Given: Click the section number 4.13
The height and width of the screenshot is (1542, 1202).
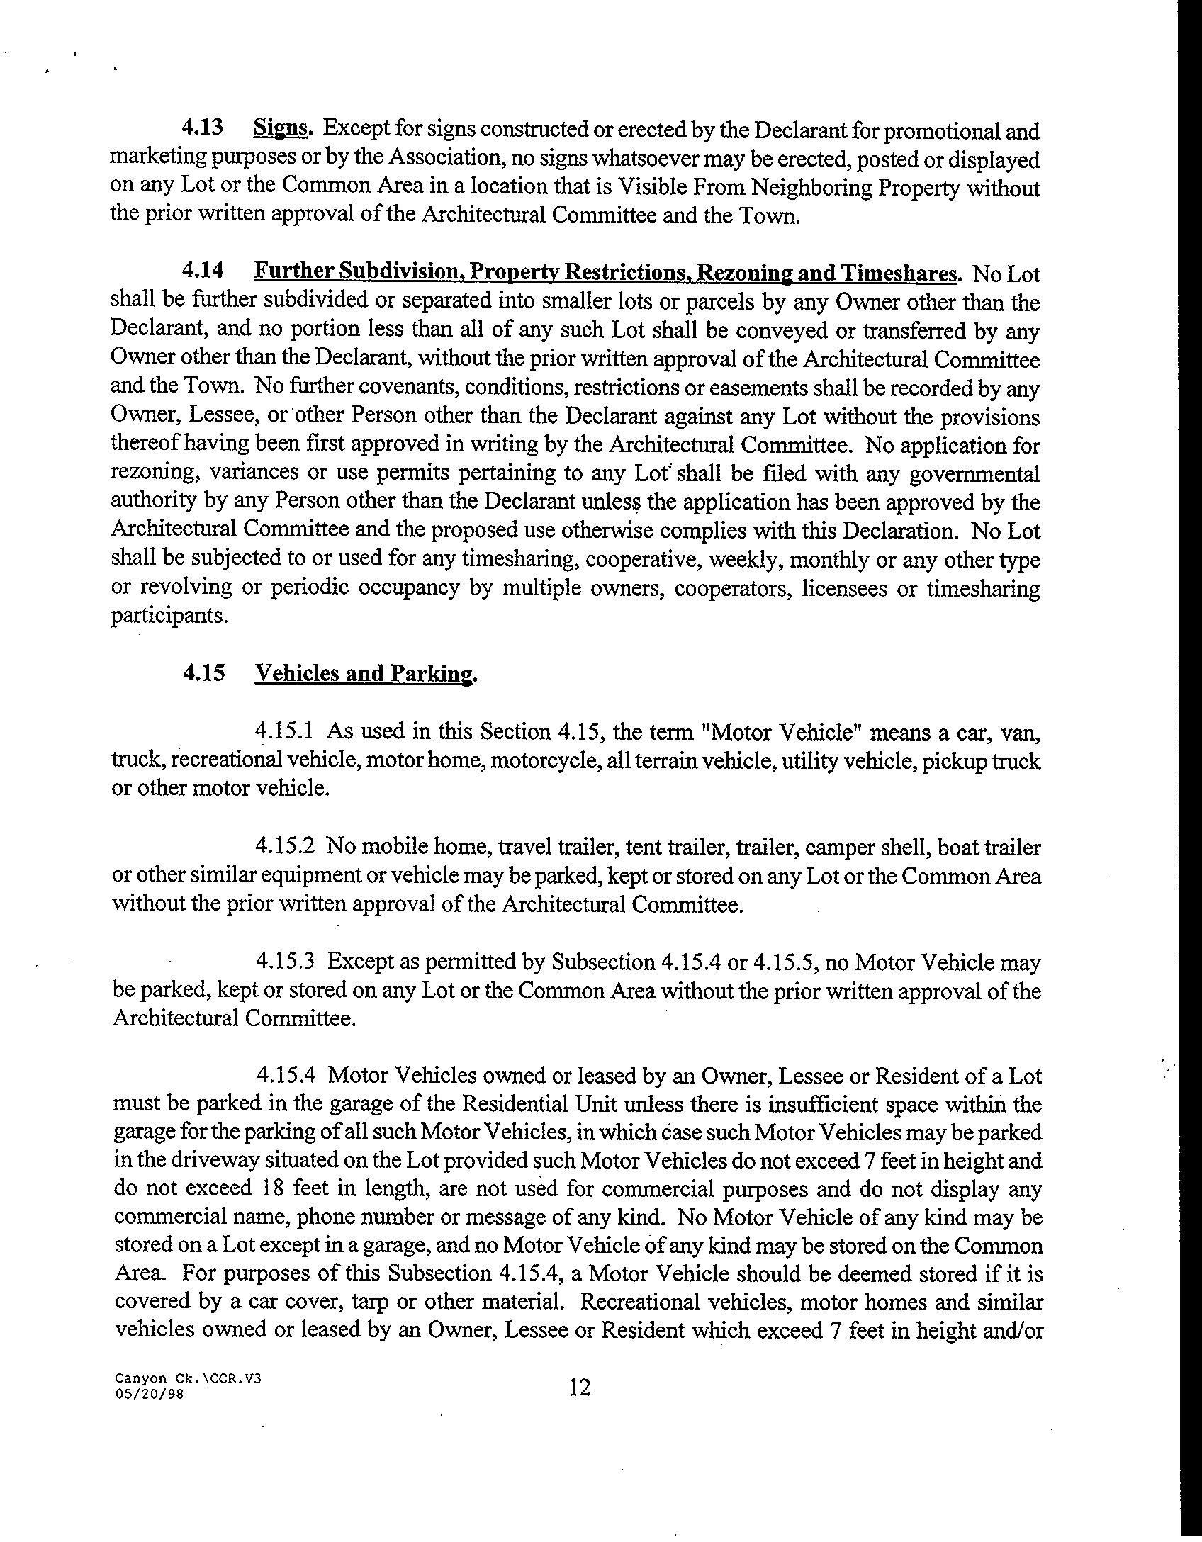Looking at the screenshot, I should [203, 128].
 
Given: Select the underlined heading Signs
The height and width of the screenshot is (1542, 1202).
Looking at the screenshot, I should [282, 128].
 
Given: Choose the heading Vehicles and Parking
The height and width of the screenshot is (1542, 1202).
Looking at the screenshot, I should [364, 673].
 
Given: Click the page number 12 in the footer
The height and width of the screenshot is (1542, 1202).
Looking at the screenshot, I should [579, 1387].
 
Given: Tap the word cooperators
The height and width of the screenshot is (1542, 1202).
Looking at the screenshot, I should [732, 588].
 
